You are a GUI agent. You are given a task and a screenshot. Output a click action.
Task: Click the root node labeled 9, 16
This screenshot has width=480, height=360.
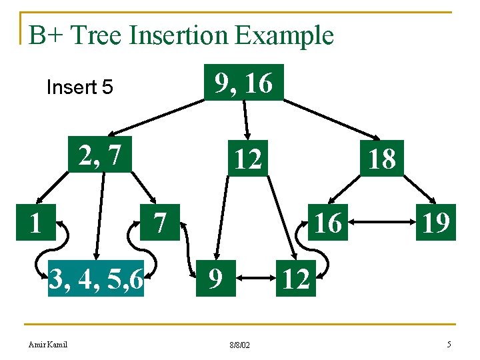(243, 83)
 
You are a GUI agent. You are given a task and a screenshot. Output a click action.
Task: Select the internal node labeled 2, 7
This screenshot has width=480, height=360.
(101, 155)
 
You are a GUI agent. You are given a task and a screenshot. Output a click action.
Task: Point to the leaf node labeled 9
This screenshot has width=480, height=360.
(213, 279)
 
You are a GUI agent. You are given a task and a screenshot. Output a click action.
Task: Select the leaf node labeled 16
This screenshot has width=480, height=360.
(327, 223)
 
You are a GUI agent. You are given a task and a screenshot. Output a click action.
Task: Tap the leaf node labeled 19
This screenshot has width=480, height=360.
(434, 223)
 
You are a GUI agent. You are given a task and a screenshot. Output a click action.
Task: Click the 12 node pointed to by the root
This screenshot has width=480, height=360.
(247, 159)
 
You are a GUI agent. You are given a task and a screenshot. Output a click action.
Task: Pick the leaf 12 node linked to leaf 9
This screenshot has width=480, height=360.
(295, 279)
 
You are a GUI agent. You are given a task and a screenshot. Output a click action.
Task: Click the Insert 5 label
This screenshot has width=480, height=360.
(79, 87)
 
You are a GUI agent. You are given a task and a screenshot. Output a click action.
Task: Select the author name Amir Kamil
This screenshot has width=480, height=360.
(48, 344)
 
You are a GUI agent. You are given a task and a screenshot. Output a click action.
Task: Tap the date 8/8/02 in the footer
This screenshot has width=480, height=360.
(239, 345)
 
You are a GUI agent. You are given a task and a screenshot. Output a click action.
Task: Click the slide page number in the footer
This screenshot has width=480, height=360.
(449, 344)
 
